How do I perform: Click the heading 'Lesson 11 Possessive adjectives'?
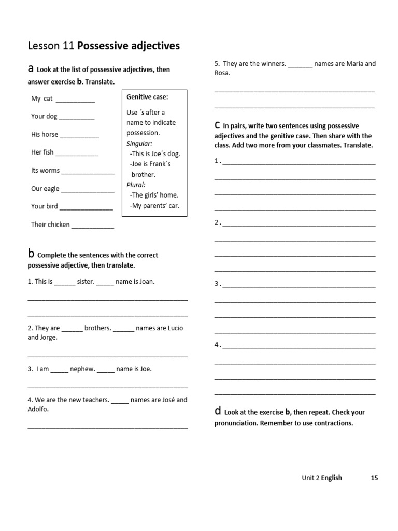tap(104, 46)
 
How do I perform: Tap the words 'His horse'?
tap(45, 134)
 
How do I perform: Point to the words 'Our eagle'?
tap(45, 189)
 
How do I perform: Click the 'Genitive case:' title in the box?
tap(147, 97)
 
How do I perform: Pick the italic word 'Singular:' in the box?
tap(139, 144)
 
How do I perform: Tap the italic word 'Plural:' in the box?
tap(136, 185)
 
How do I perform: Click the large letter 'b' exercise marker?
tap(31, 254)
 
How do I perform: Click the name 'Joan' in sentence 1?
tap(145, 282)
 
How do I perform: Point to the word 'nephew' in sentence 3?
tap(82, 369)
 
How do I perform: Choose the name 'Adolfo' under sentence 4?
tap(37, 409)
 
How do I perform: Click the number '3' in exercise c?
tap(217, 284)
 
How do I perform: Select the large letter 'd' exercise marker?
tap(218, 411)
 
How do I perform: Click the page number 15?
tap(374, 478)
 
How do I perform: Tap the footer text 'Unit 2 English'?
tap(322, 478)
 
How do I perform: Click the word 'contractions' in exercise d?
tap(333, 423)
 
